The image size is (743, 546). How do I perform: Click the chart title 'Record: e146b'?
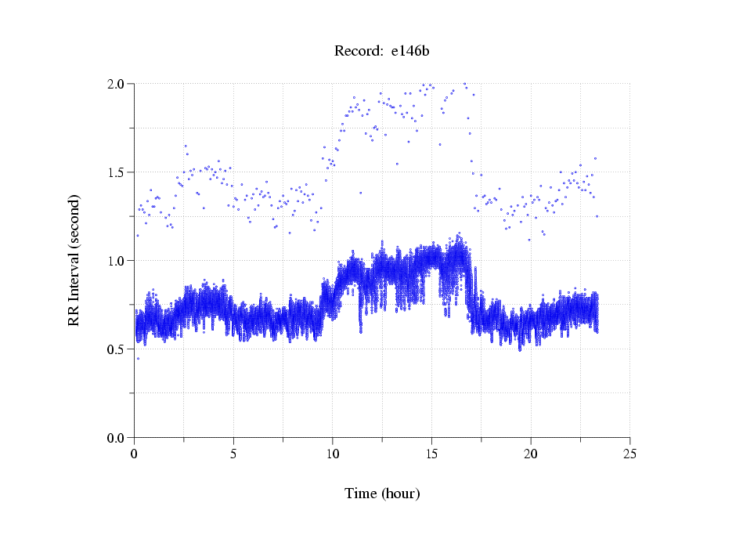(x=382, y=52)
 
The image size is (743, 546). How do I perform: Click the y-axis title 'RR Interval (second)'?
(x=74, y=259)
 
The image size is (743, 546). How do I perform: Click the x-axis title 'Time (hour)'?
(x=382, y=494)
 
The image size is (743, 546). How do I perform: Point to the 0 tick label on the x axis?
(x=134, y=454)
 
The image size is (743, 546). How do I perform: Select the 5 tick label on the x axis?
(x=233, y=454)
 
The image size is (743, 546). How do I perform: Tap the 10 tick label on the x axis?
(x=332, y=454)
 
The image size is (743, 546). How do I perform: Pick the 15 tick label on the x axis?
(x=431, y=454)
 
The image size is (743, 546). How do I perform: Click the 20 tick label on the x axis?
(x=531, y=454)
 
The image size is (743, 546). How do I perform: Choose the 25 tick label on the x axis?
(x=629, y=454)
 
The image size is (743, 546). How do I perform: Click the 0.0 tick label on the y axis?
(x=116, y=438)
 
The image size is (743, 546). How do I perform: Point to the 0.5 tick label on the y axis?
(x=116, y=349)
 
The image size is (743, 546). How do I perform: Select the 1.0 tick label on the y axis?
(x=116, y=261)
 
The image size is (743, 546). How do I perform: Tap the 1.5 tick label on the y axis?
(x=116, y=172)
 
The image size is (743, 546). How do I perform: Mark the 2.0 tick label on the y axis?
(x=116, y=84)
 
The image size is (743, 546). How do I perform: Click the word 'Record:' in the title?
(x=359, y=52)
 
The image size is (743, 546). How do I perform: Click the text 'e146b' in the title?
(x=410, y=52)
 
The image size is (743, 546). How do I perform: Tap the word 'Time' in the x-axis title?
(x=361, y=494)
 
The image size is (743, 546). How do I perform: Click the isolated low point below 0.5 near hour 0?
(x=138, y=359)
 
